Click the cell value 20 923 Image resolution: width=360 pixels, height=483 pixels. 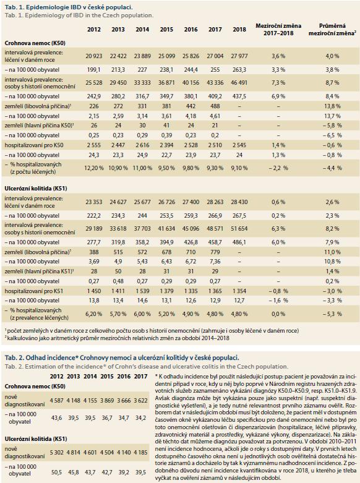coord(93,56)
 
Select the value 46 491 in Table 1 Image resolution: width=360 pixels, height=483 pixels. coord(239,82)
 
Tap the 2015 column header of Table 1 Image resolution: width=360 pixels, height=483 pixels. coord(166,30)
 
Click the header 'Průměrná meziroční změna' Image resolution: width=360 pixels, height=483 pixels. coord(332,30)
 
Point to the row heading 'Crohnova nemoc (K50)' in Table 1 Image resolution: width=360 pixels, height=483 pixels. coord(35,43)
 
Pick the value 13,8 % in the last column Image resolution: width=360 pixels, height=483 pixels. coord(332,106)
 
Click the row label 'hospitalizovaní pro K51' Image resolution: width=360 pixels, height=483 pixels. coord(34,291)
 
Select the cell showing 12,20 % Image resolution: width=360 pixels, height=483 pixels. coord(93,168)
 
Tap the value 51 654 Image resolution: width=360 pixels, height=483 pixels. coord(239,229)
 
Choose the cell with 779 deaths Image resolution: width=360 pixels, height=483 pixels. coord(215,252)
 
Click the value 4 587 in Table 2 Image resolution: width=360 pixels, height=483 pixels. coord(57,401)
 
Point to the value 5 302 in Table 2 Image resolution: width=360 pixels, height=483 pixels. coord(57,453)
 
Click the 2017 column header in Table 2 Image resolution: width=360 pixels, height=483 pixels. coord(141,377)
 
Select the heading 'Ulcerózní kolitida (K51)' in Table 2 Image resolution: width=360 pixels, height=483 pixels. coord(36,439)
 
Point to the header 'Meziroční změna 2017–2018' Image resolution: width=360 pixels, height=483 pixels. coord(278,30)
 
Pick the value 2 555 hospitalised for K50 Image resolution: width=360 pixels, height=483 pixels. coord(93,145)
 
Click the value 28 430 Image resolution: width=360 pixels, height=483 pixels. coord(239,202)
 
